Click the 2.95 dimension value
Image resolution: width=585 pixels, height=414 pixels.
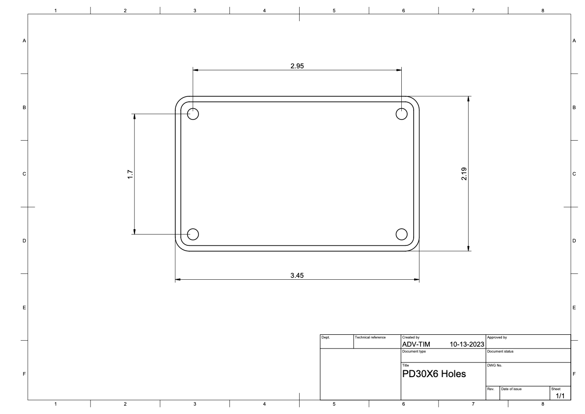(297, 66)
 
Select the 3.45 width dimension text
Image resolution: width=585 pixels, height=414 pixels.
(297, 275)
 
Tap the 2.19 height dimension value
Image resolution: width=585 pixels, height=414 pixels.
(464, 174)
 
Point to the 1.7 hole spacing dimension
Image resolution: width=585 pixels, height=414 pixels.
(130, 175)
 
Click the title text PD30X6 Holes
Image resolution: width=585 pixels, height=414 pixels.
(434, 374)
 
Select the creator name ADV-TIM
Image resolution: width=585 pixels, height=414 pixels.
(416, 344)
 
